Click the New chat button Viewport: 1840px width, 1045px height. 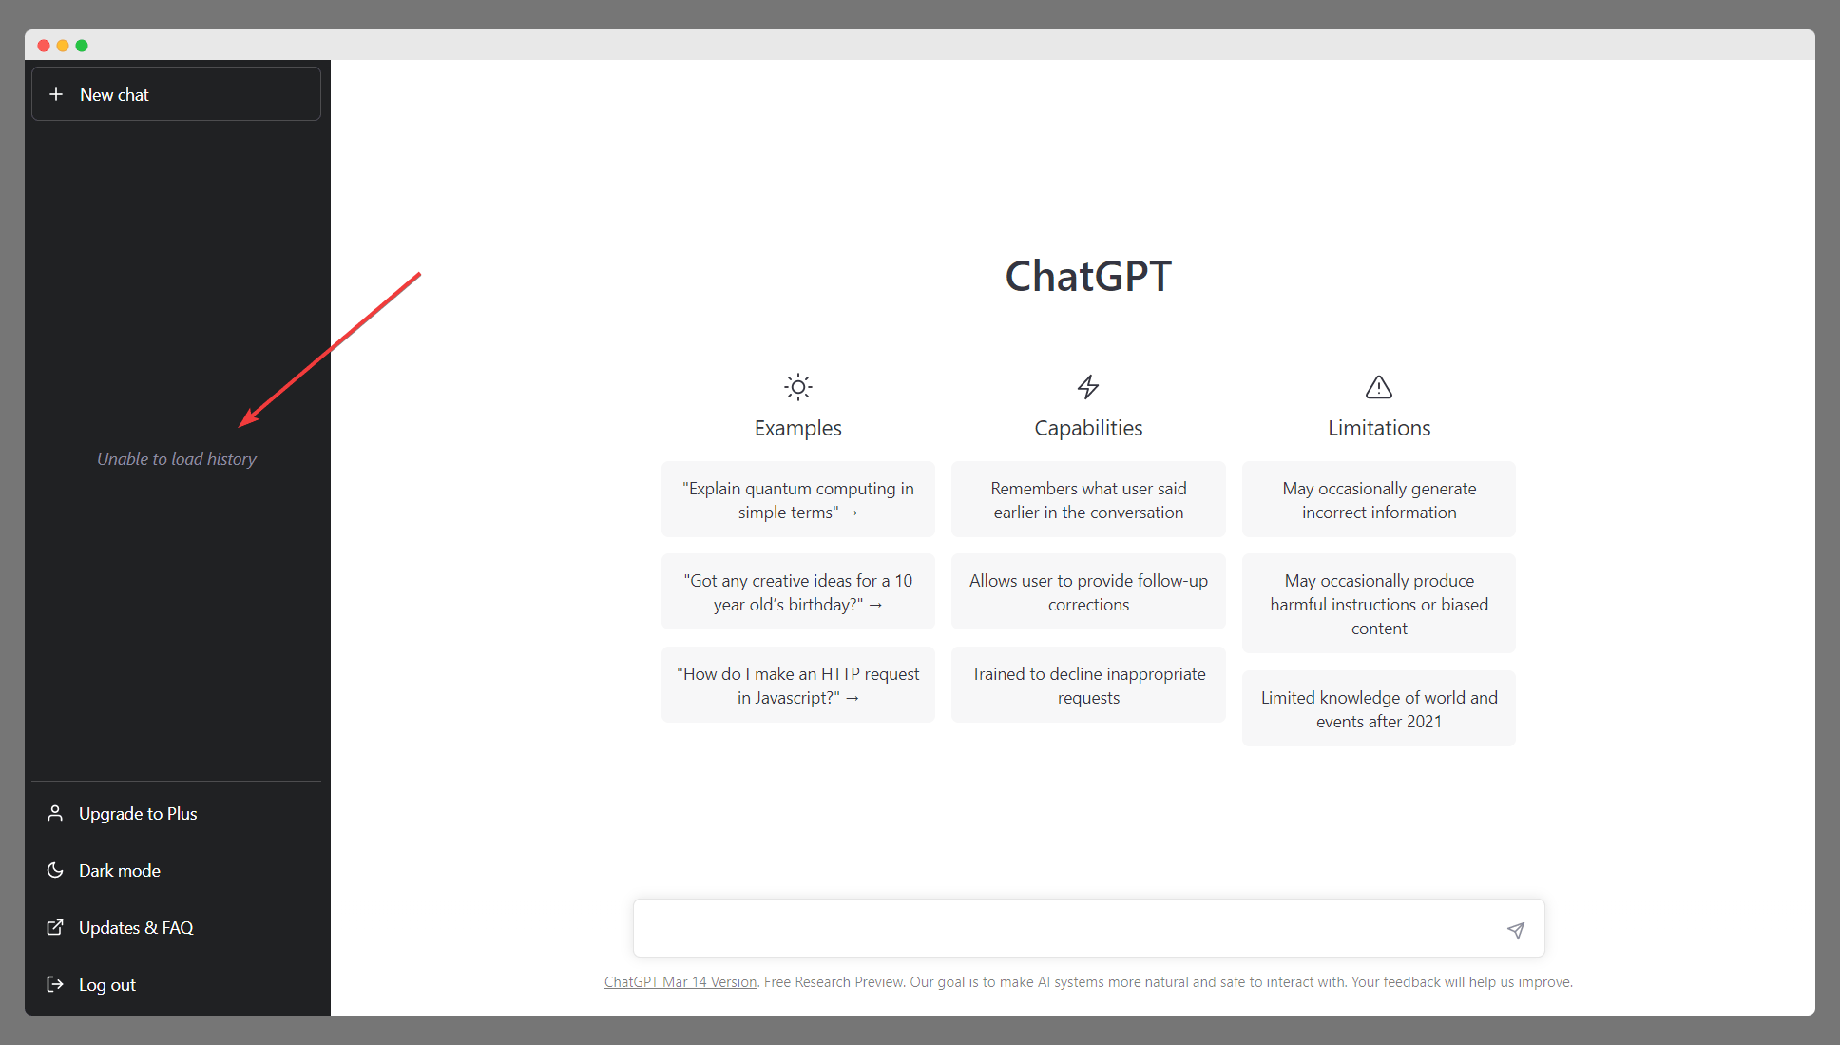coord(176,94)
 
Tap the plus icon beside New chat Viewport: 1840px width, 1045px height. coord(56,94)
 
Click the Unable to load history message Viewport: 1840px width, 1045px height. coord(177,459)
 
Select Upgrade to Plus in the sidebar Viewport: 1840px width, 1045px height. coord(138,814)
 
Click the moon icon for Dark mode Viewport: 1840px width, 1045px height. coord(55,870)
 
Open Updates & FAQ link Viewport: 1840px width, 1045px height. coord(136,928)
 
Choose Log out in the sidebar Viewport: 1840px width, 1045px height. coord(106,985)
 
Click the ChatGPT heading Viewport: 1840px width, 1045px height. coord(1088,277)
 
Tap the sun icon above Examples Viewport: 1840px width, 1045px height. coord(798,387)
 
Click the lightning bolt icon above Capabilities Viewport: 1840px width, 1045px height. coord(1088,387)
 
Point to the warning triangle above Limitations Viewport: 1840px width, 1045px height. coord(1379,387)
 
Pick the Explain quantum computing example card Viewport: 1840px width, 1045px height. coord(798,500)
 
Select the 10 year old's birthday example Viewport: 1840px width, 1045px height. coord(798,592)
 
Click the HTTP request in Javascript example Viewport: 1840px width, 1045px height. coord(798,686)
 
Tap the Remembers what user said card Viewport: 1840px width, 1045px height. coord(1088,500)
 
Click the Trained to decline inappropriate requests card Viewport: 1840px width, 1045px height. coord(1088,686)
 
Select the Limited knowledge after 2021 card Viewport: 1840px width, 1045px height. coord(1379,709)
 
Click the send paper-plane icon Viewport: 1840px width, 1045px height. coord(1516,930)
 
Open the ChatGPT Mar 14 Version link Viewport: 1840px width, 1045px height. coord(680,982)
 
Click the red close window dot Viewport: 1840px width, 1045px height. coord(44,46)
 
